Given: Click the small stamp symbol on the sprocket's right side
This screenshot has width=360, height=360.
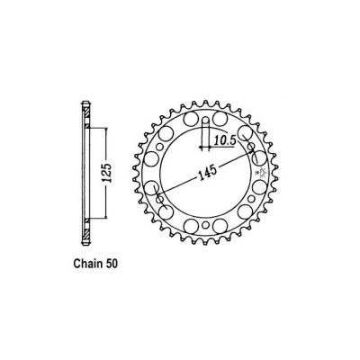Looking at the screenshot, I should pos(263,170).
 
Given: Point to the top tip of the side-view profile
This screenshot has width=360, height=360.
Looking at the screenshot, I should pos(85,103).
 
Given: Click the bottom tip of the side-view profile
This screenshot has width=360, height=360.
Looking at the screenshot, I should pos(85,241).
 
